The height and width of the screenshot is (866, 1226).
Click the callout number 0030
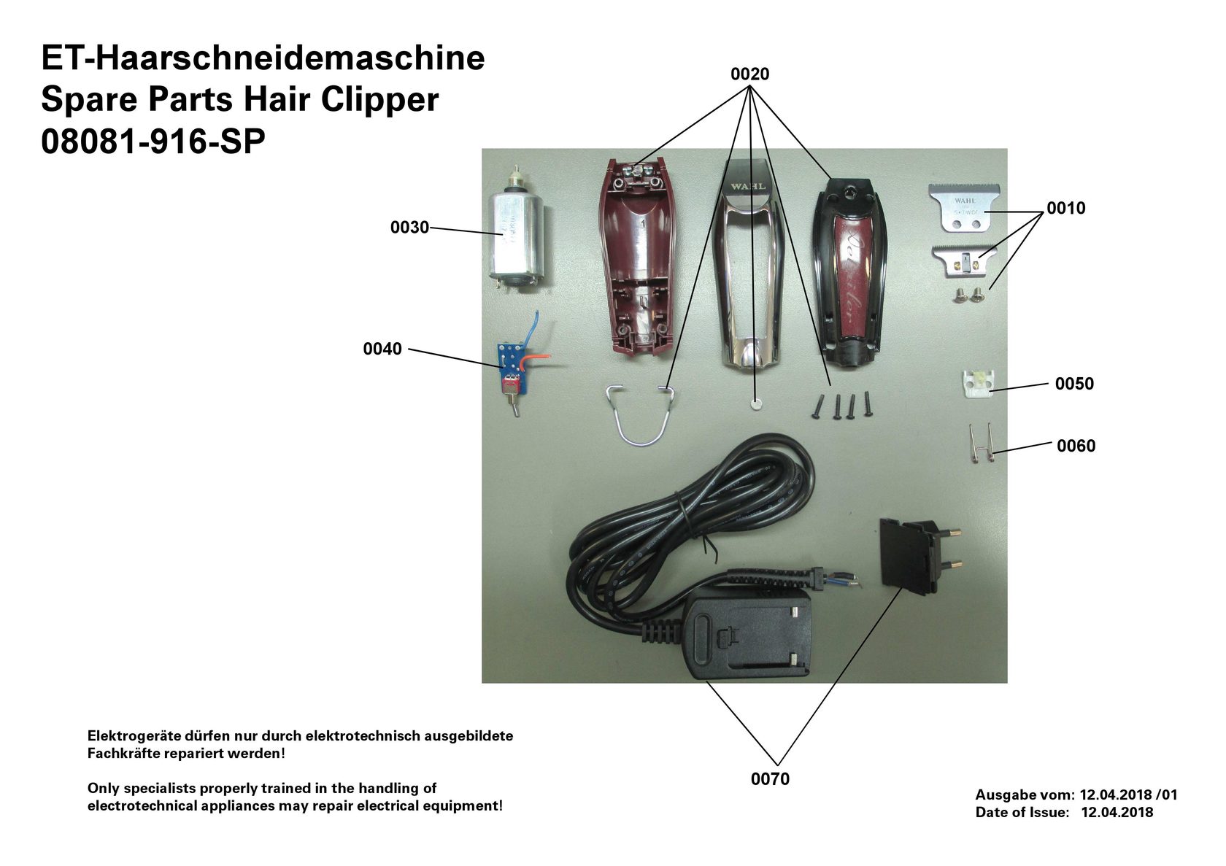click(409, 228)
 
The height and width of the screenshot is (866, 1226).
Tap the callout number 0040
click(382, 349)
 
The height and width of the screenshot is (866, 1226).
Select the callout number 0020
click(749, 74)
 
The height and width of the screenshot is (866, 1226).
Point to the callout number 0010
click(1065, 209)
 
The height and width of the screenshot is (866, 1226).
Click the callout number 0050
click(1074, 384)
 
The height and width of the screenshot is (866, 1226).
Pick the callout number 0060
click(1076, 446)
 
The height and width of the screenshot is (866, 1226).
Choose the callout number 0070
click(770, 779)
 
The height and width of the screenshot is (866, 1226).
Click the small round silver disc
click(756, 402)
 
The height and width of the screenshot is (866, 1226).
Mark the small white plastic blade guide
click(977, 382)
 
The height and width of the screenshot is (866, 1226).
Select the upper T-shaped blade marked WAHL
click(964, 207)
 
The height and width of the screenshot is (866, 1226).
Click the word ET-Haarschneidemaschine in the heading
click(263, 58)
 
